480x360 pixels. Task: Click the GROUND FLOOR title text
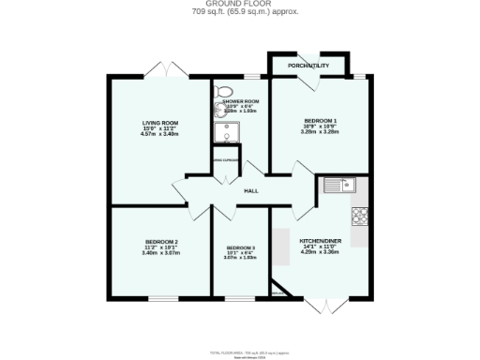click(240, 5)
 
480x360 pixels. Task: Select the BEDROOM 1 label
click(320, 122)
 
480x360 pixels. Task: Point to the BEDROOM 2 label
click(160, 243)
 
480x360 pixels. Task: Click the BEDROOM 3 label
click(240, 247)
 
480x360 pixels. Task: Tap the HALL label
click(251, 191)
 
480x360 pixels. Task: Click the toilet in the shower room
click(222, 92)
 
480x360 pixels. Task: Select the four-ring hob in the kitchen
click(360, 217)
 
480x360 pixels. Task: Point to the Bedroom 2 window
click(161, 299)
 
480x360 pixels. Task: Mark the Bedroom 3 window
click(238, 299)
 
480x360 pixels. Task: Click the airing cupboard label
click(226, 160)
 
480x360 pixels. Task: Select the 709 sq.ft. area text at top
click(240, 13)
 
